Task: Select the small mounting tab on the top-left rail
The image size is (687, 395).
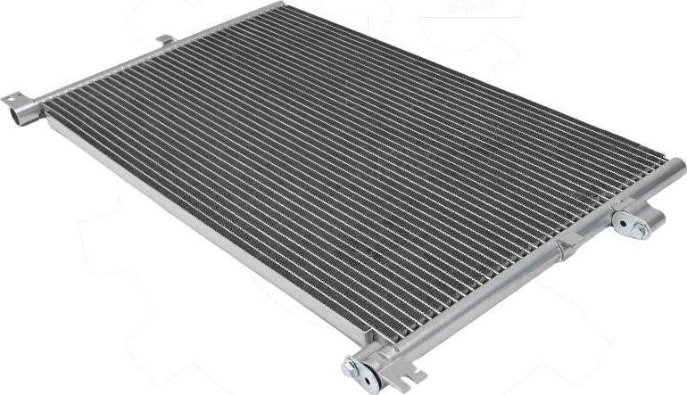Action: point(164,40)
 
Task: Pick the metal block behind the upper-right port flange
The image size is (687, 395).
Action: point(652,216)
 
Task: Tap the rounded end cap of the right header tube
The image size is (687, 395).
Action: point(676,166)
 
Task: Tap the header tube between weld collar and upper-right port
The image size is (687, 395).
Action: point(593,225)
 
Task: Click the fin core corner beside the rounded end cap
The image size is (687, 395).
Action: point(657,162)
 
